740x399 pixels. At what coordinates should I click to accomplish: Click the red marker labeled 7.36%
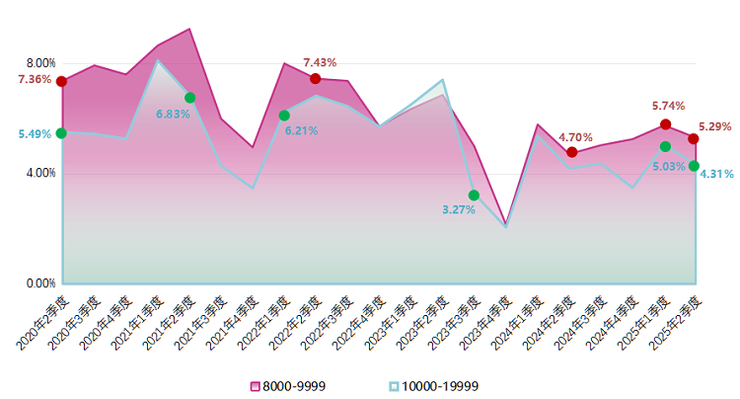coord(61,81)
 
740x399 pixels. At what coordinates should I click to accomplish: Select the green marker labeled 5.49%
coord(61,132)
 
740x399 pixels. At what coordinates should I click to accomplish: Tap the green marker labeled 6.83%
coord(189,97)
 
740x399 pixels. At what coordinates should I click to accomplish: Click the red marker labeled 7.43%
coord(316,78)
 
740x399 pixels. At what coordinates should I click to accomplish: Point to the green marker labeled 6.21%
coord(284,115)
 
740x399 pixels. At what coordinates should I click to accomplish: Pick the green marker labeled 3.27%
coord(474,195)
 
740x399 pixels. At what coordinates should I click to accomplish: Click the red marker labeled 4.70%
coord(572,152)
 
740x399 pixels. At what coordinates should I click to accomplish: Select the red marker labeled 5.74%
coord(665,123)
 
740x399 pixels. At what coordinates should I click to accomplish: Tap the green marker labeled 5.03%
coord(665,146)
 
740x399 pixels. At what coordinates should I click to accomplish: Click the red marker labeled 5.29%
coord(694,138)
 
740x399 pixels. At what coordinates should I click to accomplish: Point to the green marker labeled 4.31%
coord(694,165)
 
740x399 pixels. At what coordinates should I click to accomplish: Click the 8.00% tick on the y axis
coord(40,63)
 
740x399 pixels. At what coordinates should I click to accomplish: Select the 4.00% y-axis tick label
coord(40,174)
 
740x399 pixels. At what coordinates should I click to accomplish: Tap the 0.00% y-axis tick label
coord(40,283)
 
